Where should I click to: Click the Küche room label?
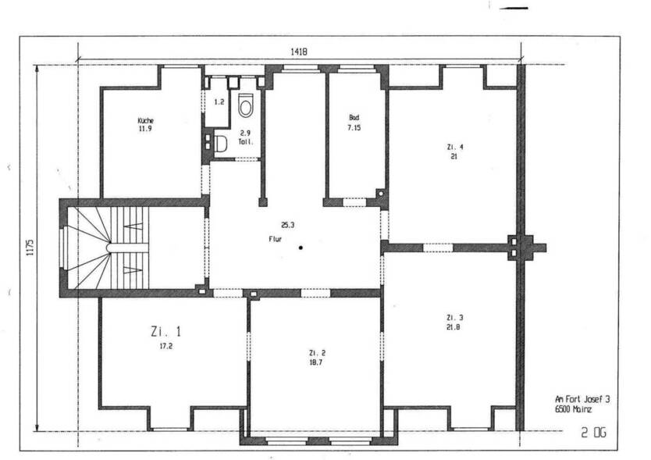coord(145,121)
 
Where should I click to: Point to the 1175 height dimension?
coord(29,248)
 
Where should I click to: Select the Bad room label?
coord(354,118)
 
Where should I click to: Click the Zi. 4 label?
coord(454,147)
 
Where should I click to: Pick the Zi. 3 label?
coord(454,317)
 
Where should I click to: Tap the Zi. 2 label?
coord(317,352)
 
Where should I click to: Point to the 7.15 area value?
coord(355,127)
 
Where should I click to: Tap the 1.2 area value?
coord(219,102)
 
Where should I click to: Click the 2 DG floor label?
coord(592,432)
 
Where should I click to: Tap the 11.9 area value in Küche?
coord(145,130)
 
